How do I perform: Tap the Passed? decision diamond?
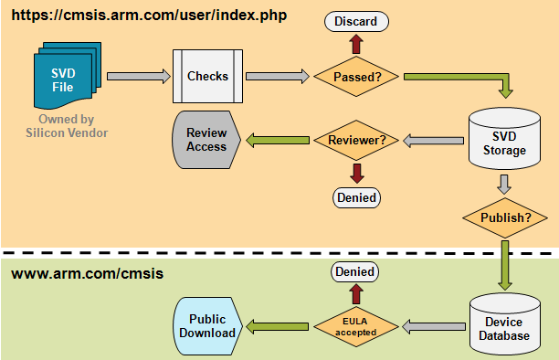pos(357,77)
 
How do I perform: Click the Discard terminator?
pos(357,21)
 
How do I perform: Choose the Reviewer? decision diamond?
pos(356,141)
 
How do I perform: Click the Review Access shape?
pos(206,141)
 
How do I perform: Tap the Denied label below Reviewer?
pos(356,196)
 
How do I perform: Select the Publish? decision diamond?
pos(506,218)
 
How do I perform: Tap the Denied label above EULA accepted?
pos(357,271)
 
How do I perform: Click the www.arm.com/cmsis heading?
pos(74,273)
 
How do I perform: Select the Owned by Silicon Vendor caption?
pos(66,125)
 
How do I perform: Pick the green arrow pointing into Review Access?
pos(273,141)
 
